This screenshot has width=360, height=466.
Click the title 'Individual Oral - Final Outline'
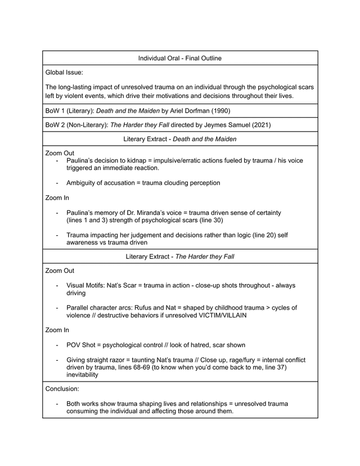tap(180, 58)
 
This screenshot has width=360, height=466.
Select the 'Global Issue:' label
tap(64, 72)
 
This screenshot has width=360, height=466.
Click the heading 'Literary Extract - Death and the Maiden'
tap(180, 138)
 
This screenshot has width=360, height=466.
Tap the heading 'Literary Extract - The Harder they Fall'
tap(180, 256)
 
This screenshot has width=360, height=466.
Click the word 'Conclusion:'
tap(64, 388)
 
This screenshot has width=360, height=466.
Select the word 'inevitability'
tap(82, 374)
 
